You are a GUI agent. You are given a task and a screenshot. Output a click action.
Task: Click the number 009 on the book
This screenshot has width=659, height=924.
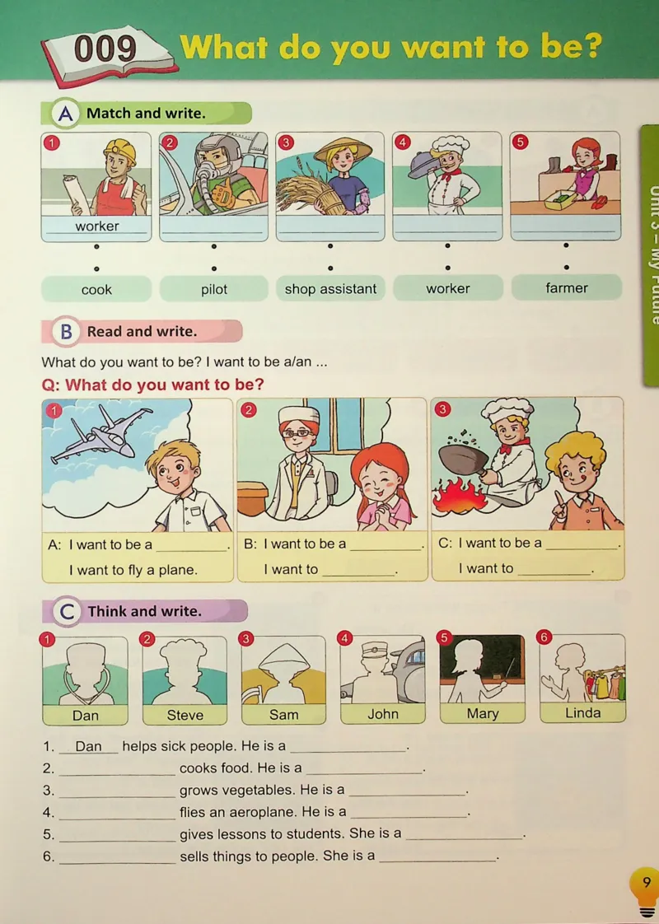(x=105, y=49)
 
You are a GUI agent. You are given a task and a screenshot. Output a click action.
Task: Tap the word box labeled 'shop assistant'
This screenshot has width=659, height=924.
(x=330, y=289)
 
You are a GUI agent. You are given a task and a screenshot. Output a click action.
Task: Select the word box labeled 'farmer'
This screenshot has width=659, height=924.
(x=567, y=287)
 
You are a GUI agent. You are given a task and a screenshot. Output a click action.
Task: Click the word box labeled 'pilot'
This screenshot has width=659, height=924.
(x=214, y=289)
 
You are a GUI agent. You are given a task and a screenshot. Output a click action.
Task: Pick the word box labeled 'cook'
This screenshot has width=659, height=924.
(x=96, y=289)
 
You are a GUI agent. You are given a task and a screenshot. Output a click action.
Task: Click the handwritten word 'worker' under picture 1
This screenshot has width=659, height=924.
(x=97, y=226)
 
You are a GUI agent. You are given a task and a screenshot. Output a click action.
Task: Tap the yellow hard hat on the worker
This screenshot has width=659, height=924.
(x=120, y=152)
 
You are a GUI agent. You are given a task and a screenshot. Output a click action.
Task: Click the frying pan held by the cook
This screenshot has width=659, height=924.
(x=465, y=459)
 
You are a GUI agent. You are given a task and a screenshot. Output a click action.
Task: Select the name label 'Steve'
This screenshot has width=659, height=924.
(x=185, y=715)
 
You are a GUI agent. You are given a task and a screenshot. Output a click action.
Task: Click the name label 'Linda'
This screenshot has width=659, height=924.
(x=583, y=713)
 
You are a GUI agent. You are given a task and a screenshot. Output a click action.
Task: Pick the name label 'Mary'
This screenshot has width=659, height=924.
(x=483, y=714)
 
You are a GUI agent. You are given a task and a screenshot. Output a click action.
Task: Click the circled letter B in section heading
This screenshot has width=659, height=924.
(x=66, y=332)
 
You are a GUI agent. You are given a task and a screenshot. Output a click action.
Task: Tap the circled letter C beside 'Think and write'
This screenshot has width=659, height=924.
(x=67, y=612)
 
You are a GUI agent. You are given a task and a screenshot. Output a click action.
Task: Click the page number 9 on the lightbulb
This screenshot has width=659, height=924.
(x=647, y=882)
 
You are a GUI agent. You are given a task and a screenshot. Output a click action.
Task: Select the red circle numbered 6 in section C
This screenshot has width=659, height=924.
(x=544, y=637)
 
